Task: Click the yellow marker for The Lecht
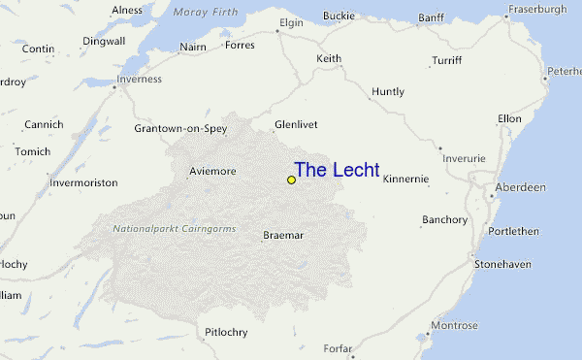click(x=291, y=180)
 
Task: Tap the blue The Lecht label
click(x=337, y=170)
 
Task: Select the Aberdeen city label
click(x=520, y=186)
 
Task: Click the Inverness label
click(x=138, y=80)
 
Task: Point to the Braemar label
click(x=283, y=235)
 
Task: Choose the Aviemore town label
click(x=211, y=171)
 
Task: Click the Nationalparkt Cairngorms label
click(x=175, y=228)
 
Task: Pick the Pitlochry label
click(x=226, y=332)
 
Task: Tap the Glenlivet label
click(x=296, y=124)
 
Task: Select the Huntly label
click(x=387, y=92)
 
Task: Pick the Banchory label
click(x=444, y=220)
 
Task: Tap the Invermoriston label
click(x=83, y=182)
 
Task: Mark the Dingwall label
click(x=105, y=42)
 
